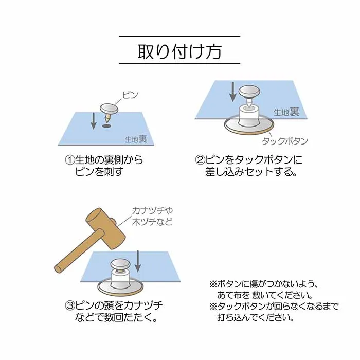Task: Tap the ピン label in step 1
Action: click(x=130, y=95)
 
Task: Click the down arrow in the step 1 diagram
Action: click(x=93, y=121)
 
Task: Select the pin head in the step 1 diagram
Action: click(x=109, y=109)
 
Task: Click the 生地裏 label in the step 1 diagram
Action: click(x=136, y=139)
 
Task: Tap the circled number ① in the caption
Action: click(x=70, y=160)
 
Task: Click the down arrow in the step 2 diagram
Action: click(x=233, y=92)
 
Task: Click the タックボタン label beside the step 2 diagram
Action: click(x=285, y=141)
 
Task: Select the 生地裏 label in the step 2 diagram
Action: click(x=287, y=112)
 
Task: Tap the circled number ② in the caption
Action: click(x=200, y=160)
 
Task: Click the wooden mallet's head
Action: click(x=105, y=228)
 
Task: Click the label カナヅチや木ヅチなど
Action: click(x=152, y=216)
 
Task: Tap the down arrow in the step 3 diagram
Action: click(x=137, y=261)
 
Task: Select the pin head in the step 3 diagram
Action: click(x=120, y=264)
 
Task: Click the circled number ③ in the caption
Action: click(x=70, y=305)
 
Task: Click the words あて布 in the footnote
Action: click(x=233, y=295)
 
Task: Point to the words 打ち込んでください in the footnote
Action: click(x=255, y=317)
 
